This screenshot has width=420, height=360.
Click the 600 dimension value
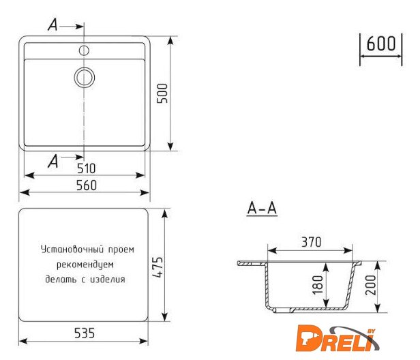click(380, 43)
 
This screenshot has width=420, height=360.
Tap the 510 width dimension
click(85, 168)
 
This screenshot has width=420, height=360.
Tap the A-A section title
click(261, 209)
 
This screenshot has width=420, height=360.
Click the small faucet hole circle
click(85, 50)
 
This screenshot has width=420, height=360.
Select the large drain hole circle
click(85, 77)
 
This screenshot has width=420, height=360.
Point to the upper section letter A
click(53, 25)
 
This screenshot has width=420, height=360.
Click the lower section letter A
click(53, 160)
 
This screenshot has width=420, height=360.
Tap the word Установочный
click(71, 249)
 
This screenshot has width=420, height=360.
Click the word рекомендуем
click(85, 265)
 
